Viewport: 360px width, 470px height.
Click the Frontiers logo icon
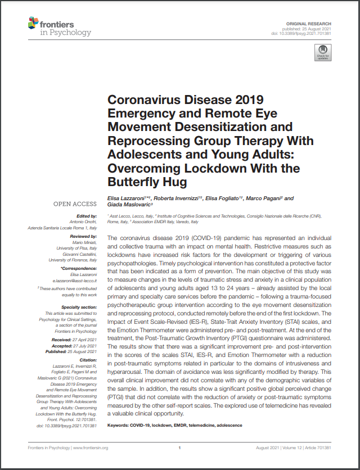[34, 22]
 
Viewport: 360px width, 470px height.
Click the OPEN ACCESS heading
[75, 204]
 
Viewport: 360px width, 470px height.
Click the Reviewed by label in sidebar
[82, 238]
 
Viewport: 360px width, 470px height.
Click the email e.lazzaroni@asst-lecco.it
[74, 279]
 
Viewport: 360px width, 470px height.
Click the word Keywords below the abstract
[119, 425]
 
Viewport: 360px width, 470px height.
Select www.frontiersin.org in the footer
[90, 448]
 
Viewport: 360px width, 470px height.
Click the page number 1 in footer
[179, 448]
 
